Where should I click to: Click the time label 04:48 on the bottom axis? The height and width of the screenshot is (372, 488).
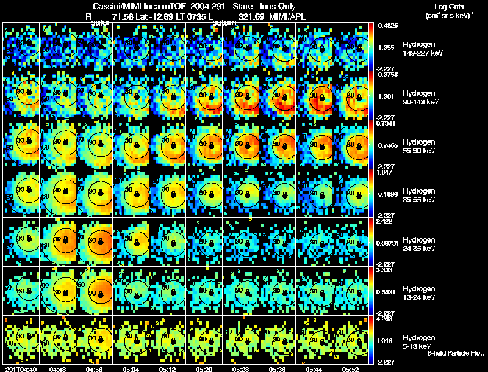coord(59,369)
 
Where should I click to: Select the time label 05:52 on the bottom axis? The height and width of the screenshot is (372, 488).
coord(351,369)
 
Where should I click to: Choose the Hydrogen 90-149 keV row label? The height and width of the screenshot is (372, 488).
coord(418,98)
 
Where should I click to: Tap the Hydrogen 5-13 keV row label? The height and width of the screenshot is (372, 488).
coord(418,341)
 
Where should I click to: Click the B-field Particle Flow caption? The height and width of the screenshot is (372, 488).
coord(456,353)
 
